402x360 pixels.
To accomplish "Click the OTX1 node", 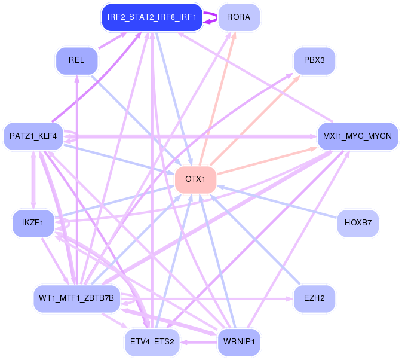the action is pyautogui.click(x=195, y=179).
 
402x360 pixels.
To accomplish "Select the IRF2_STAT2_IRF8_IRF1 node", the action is pyautogui.click(x=152, y=17).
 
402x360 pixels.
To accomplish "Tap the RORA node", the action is pyautogui.click(x=239, y=17).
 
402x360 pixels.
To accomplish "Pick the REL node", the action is pyautogui.click(x=76, y=60).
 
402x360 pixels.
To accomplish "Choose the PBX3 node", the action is pyautogui.click(x=314, y=60).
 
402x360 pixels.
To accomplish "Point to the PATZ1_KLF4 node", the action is pyautogui.click(x=33, y=136).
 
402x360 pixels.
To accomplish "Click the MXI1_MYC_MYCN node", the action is pyautogui.click(x=357, y=136).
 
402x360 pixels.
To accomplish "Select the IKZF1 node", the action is pyautogui.click(x=33, y=223).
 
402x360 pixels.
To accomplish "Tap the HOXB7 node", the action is pyautogui.click(x=358, y=223).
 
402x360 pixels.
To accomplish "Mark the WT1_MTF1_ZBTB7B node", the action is pyautogui.click(x=76, y=298).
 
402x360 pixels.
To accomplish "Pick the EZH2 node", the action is pyautogui.click(x=314, y=298).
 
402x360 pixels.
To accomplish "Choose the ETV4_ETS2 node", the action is pyautogui.click(x=152, y=342).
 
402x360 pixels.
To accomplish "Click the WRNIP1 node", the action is pyautogui.click(x=239, y=342).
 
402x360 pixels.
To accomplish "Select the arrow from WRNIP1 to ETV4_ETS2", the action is pyautogui.click(x=199, y=342).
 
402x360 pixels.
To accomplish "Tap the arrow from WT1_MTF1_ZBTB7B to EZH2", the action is pyautogui.click(x=207, y=299).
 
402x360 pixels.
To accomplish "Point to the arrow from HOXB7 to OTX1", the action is pyautogui.click(x=277, y=202).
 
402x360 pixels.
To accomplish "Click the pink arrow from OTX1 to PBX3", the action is pyautogui.click(x=255, y=120).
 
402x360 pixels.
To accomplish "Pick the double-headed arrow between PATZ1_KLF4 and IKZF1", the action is pyautogui.click(x=33, y=180).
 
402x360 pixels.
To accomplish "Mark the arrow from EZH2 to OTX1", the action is pyautogui.click(x=255, y=239).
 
